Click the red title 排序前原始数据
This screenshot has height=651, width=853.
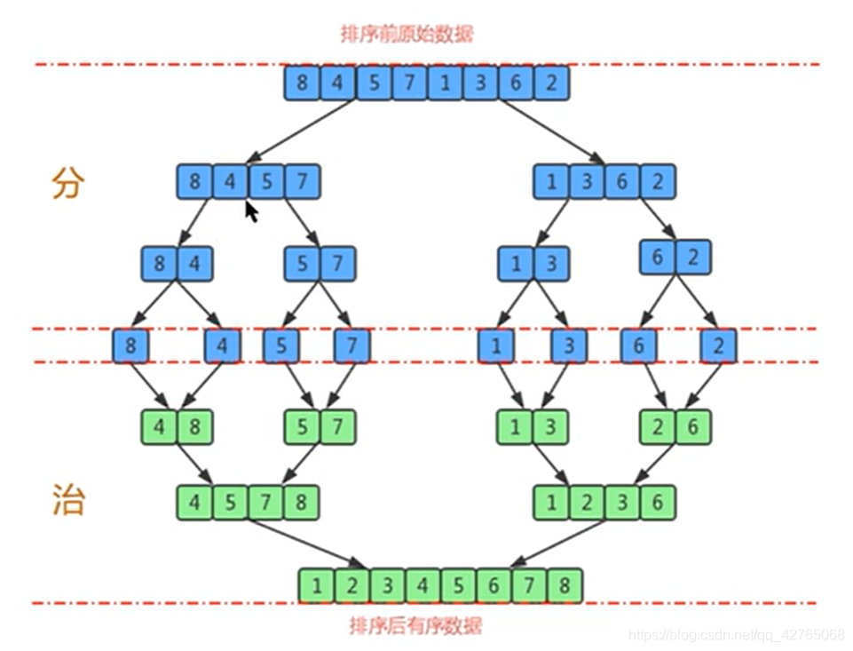407,35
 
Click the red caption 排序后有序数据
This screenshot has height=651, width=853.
415,626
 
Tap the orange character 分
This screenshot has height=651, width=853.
67,183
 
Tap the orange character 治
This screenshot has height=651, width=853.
67,502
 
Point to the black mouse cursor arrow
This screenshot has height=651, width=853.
252,211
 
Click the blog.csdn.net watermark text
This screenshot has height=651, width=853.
736,635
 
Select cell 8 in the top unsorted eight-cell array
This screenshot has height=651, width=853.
302,83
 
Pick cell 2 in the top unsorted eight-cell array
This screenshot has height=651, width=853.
551,83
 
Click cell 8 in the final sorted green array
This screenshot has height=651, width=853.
565,586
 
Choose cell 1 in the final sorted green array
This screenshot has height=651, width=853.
317,586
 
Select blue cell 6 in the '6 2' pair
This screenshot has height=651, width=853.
658,258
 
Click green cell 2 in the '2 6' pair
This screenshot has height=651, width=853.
658,427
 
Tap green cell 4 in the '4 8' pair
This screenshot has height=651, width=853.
159,427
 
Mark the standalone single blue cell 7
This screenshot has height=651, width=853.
351,345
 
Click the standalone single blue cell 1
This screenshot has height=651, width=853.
495,345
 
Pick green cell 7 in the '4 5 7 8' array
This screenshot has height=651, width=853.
265,503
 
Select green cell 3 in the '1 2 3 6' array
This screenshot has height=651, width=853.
622,503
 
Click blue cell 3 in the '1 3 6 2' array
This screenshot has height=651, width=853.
587,182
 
